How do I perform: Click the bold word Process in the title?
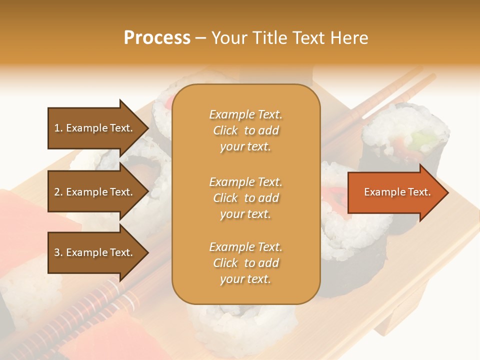[157, 38]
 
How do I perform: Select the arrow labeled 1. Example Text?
[95, 128]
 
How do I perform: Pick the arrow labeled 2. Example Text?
[95, 192]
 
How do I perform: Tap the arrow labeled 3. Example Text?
[95, 252]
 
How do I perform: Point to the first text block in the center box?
[245, 130]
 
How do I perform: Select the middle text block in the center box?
[245, 198]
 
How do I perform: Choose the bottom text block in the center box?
[245, 263]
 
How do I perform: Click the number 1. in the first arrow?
[58, 128]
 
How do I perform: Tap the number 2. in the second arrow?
[58, 192]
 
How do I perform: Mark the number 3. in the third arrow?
[58, 252]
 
